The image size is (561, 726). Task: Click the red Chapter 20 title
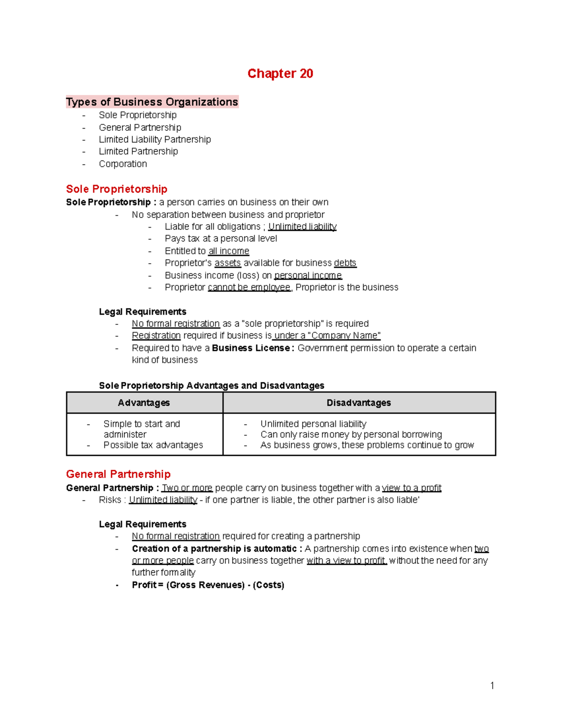280,73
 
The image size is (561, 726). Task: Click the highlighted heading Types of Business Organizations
152,102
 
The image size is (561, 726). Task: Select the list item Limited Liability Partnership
155,139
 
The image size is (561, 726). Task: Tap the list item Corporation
123,164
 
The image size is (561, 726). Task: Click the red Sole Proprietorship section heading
116,189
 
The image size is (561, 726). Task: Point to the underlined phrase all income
229,251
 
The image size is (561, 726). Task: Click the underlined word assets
228,263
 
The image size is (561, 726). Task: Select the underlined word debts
345,263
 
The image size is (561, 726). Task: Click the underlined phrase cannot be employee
249,287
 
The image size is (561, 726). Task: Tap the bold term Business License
251,348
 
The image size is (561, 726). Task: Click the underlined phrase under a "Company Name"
327,335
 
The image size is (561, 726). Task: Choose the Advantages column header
144,403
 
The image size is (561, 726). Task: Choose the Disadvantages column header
359,403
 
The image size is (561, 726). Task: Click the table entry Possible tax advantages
153,445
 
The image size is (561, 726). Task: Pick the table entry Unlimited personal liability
313,424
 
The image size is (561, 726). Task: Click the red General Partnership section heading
118,474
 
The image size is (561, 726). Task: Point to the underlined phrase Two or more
187,488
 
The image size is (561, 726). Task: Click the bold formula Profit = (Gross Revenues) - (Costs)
208,585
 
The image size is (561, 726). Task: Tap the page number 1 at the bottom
492,686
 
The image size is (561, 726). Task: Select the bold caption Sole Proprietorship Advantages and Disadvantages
211,385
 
